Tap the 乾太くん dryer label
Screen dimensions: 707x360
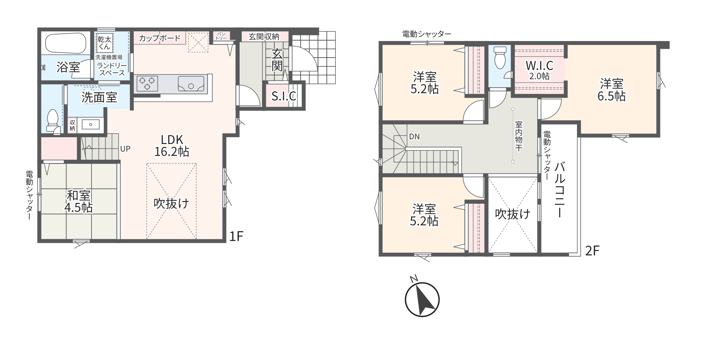[104, 43]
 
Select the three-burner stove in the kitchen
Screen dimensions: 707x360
[147, 84]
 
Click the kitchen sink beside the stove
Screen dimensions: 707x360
[191, 84]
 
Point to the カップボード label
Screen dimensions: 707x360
[160, 38]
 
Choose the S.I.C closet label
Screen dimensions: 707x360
[284, 96]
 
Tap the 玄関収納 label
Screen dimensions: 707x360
[264, 36]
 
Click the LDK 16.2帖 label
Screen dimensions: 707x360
[172, 146]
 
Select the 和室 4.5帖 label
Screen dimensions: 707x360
[79, 202]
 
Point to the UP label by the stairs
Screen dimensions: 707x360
[125, 149]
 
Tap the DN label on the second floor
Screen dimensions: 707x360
[414, 137]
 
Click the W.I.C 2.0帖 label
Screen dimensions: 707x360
[539, 70]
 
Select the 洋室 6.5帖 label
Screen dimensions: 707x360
[611, 90]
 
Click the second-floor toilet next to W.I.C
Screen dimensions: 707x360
[500, 58]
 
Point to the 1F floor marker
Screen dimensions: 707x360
[236, 236]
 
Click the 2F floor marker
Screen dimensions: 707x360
[592, 251]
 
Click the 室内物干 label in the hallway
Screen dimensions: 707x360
[519, 136]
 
